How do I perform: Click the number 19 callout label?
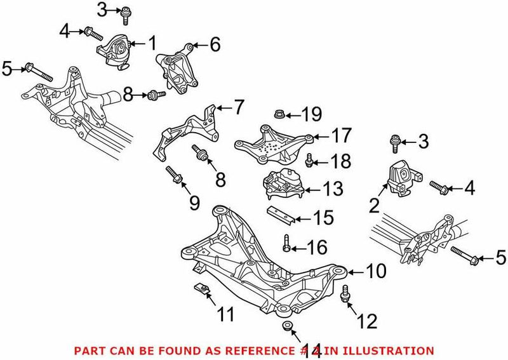click(311, 115)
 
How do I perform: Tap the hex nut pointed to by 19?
click(278, 115)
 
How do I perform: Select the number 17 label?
click(340, 136)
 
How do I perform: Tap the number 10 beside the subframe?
click(375, 272)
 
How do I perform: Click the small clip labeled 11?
click(201, 291)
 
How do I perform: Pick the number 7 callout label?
click(237, 107)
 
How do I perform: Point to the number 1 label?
click(152, 44)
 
